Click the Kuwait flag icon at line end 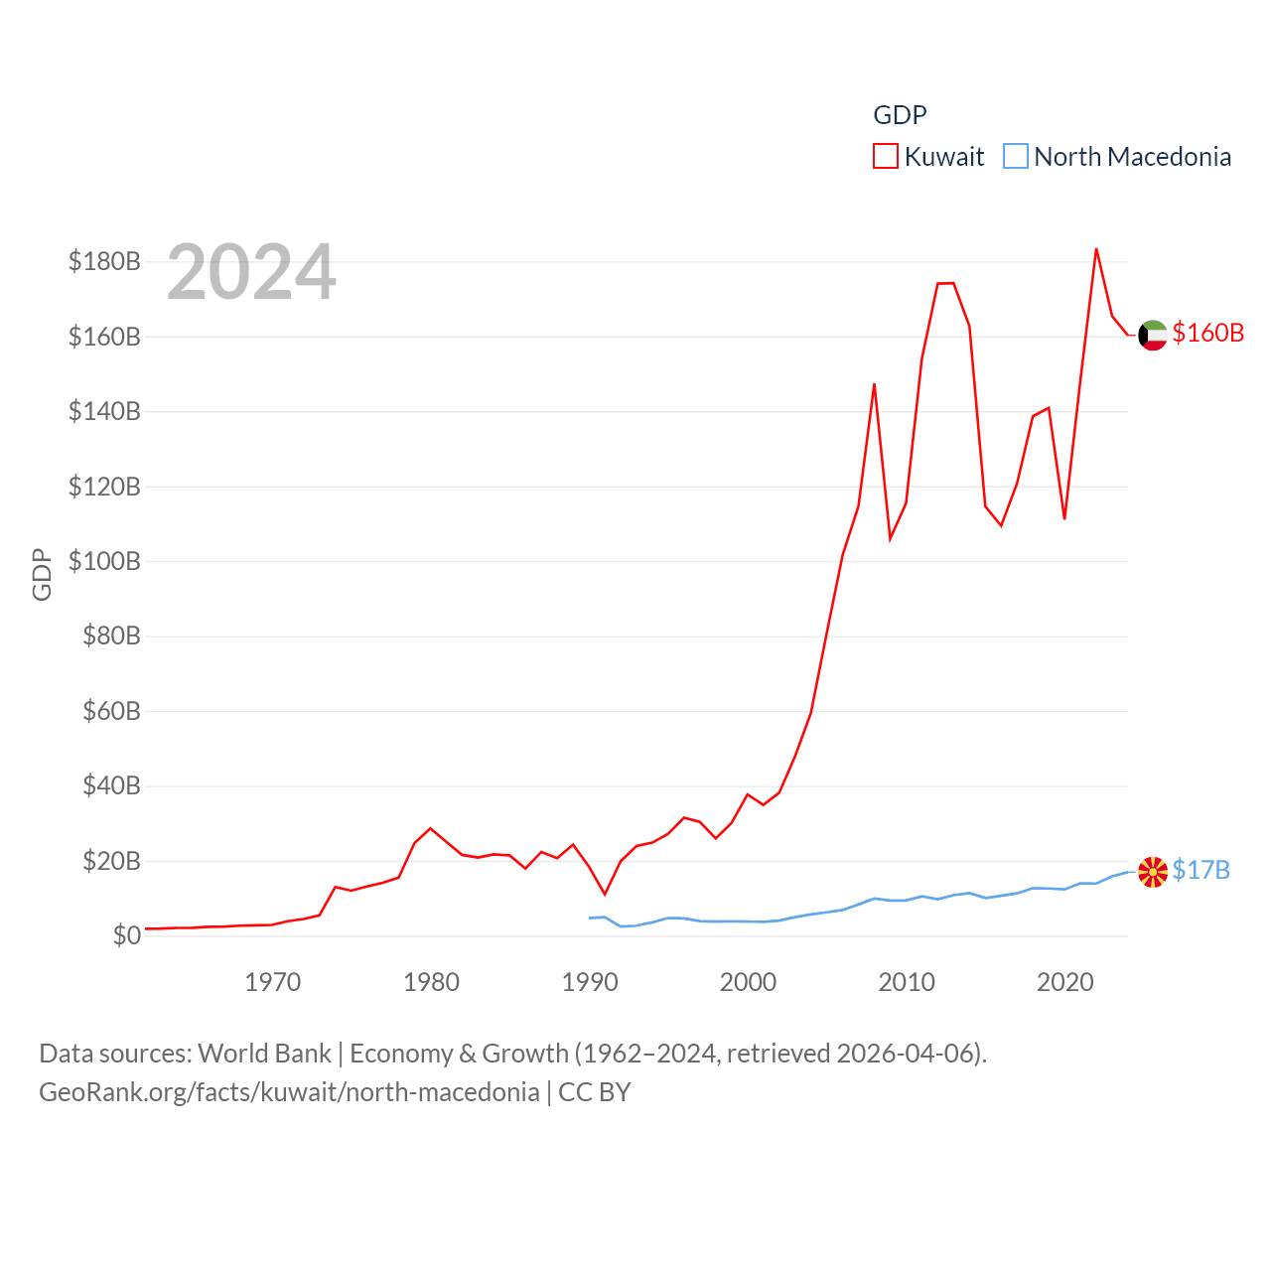click(x=1152, y=336)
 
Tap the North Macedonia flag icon click(x=1152, y=872)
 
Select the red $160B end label click(x=1207, y=333)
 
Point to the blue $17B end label click(x=1200, y=870)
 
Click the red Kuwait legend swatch click(x=886, y=157)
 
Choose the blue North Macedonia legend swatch click(x=1015, y=157)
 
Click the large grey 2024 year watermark click(x=251, y=272)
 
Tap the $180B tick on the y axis click(x=104, y=261)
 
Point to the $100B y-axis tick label click(x=104, y=561)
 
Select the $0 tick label click(x=126, y=935)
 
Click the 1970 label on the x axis click(x=272, y=982)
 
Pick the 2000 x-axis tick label click(x=748, y=982)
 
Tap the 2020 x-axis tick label click(x=1064, y=982)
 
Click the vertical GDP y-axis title click(x=42, y=574)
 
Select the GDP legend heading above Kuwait click(x=900, y=115)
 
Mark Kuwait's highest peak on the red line click(x=1096, y=249)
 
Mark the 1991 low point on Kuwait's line click(x=605, y=894)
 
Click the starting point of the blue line click(x=590, y=918)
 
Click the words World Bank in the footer click(x=264, y=1053)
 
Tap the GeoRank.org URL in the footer click(x=289, y=1092)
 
